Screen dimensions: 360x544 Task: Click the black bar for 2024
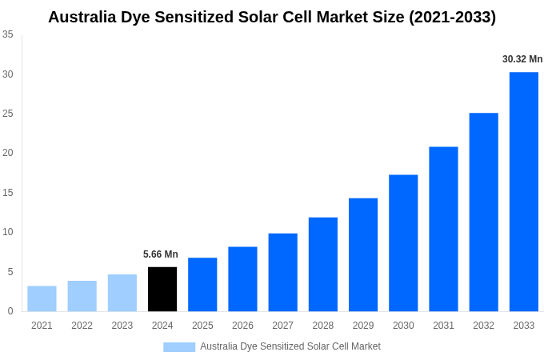(162, 289)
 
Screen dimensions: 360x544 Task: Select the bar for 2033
(523, 191)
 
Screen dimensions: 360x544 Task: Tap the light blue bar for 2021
(42, 298)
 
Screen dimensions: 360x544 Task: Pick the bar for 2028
(322, 264)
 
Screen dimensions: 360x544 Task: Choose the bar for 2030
(403, 242)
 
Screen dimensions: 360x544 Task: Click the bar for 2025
(202, 284)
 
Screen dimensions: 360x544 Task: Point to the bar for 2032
(483, 212)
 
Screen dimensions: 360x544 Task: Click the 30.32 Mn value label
(522, 59)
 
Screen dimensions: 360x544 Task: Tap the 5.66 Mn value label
(161, 254)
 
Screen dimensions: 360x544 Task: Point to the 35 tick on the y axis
(8, 34)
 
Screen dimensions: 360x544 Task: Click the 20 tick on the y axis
(8, 153)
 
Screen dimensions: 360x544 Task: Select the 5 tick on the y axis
(10, 272)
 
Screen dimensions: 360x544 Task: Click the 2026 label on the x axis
(242, 326)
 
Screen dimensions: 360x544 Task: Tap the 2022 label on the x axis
(82, 326)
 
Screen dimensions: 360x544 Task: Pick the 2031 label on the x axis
(443, 326)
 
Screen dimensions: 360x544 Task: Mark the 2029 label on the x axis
(362, 326)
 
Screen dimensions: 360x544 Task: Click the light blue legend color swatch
(179, 346)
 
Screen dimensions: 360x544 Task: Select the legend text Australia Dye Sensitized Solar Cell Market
(290, 346)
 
